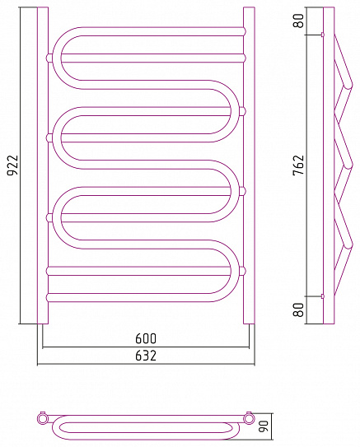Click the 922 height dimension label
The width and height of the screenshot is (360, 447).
pyautogui.click(x=12, y=165)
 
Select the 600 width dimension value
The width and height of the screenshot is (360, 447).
pyautogui.click(x=146, y=338)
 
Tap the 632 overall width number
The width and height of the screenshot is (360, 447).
pyautogui.click(x=146, y=356)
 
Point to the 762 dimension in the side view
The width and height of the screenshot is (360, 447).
pyautogui.click(x=299, y=165)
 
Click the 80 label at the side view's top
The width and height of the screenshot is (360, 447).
pyautogui.click(x=299, y=21)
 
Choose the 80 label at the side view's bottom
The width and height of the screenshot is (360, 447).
pyautogui.click(x=299, y=310)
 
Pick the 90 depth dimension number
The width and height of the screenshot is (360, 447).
pyautogui.click(x=264, y=426)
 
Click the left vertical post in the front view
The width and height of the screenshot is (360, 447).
pyautogui.click(x=43, y=165)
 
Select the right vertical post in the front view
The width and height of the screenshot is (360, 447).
pyautogui.click(x=249, y=165)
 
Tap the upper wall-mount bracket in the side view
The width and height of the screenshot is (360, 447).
pyautogui.click(x=323, y=35)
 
